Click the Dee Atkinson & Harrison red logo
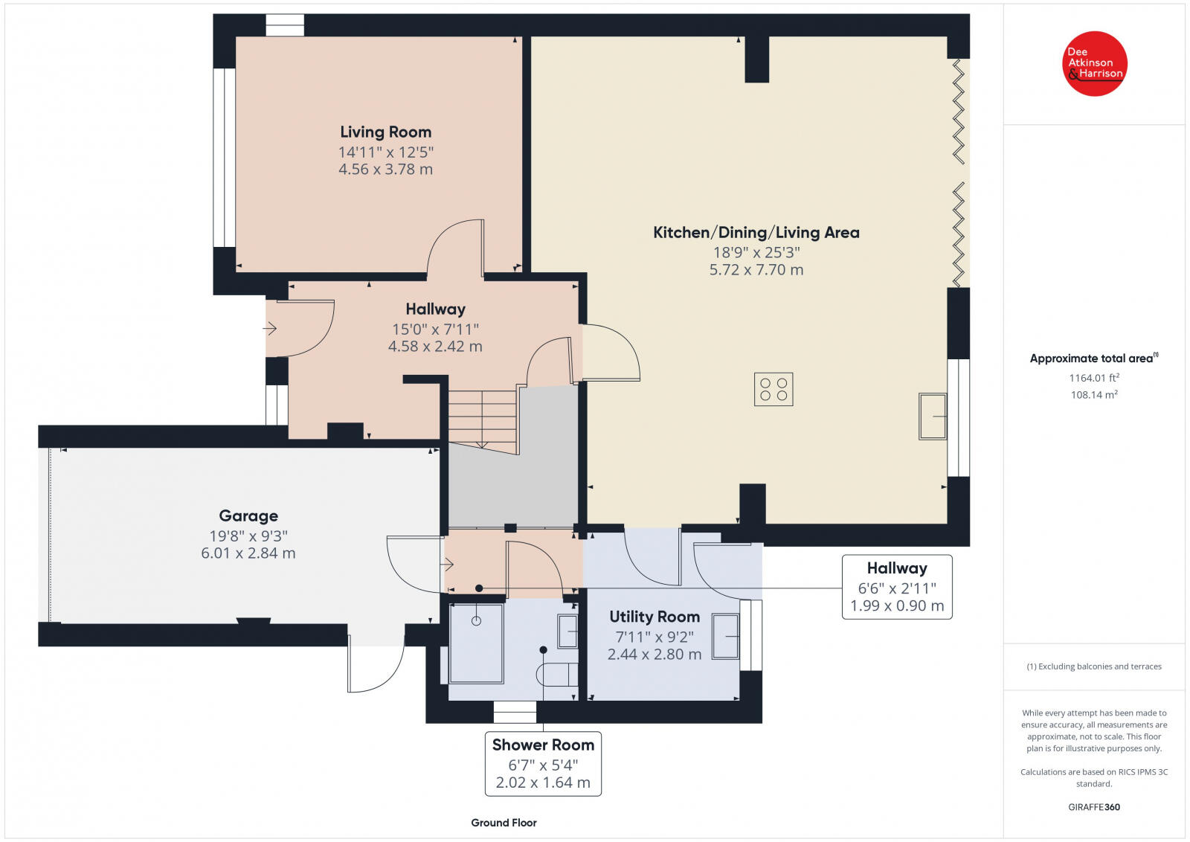(x=1094, y=64)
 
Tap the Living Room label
(x=386, y=132)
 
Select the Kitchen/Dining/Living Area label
(x=756, y=232)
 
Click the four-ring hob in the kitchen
(x=773, y=390)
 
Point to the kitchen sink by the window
(x=933, y=417)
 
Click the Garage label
(x=248, y=515)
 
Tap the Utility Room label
(x=654, y=617)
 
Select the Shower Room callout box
(x=543, y=764)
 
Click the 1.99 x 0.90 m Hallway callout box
(x=897, y=587)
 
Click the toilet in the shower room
(x=557, y=675)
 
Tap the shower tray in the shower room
(x=476, y=643)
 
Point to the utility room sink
(x=725, y=637)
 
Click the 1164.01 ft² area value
(x=1094, y=378)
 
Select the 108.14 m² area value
(x=1094, y=395)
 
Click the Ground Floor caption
(x=504, y=823)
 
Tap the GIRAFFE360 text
(x=1094, y=807)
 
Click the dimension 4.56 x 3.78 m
(x=386, y=170)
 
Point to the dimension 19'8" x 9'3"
(x=248, y=536)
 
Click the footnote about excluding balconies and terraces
(x=1094, y=666)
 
